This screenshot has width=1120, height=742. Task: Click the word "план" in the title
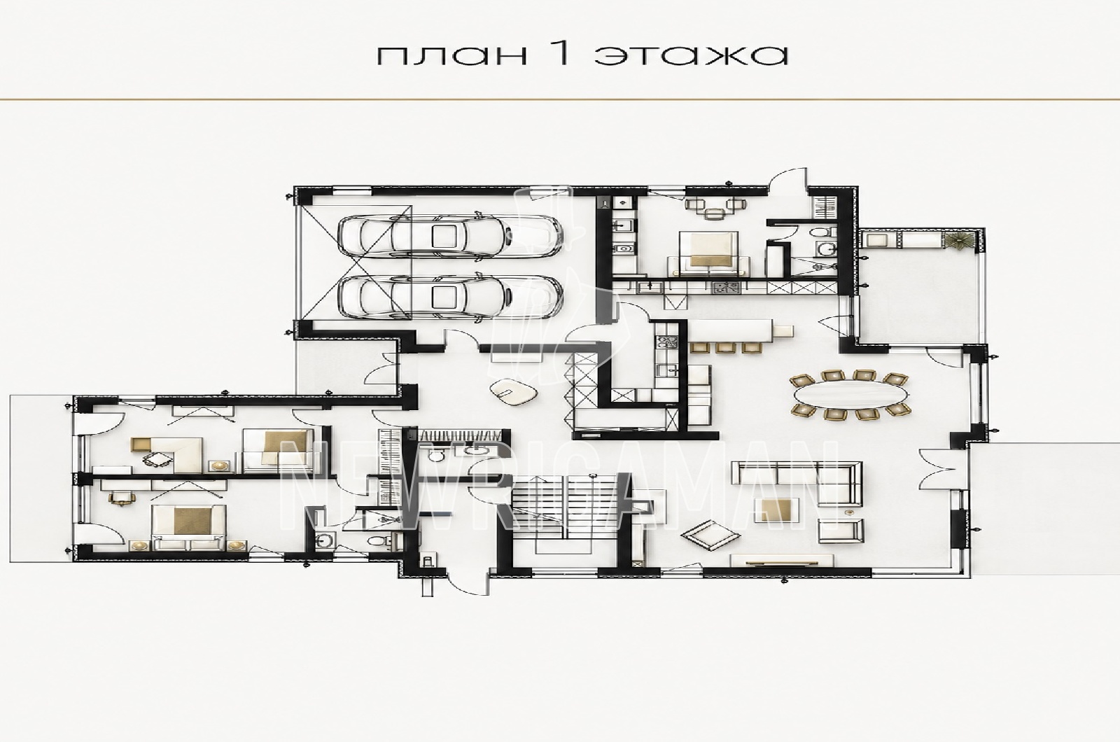(452, 55)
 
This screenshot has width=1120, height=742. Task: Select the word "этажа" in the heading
(692, 55)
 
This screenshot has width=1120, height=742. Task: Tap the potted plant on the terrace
(960, 239)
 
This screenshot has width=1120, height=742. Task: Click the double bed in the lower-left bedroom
(188, 525)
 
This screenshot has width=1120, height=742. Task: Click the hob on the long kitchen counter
(726, 288)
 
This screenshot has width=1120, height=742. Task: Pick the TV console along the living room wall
(781, 560)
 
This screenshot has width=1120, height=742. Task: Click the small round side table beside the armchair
(848, 513)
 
